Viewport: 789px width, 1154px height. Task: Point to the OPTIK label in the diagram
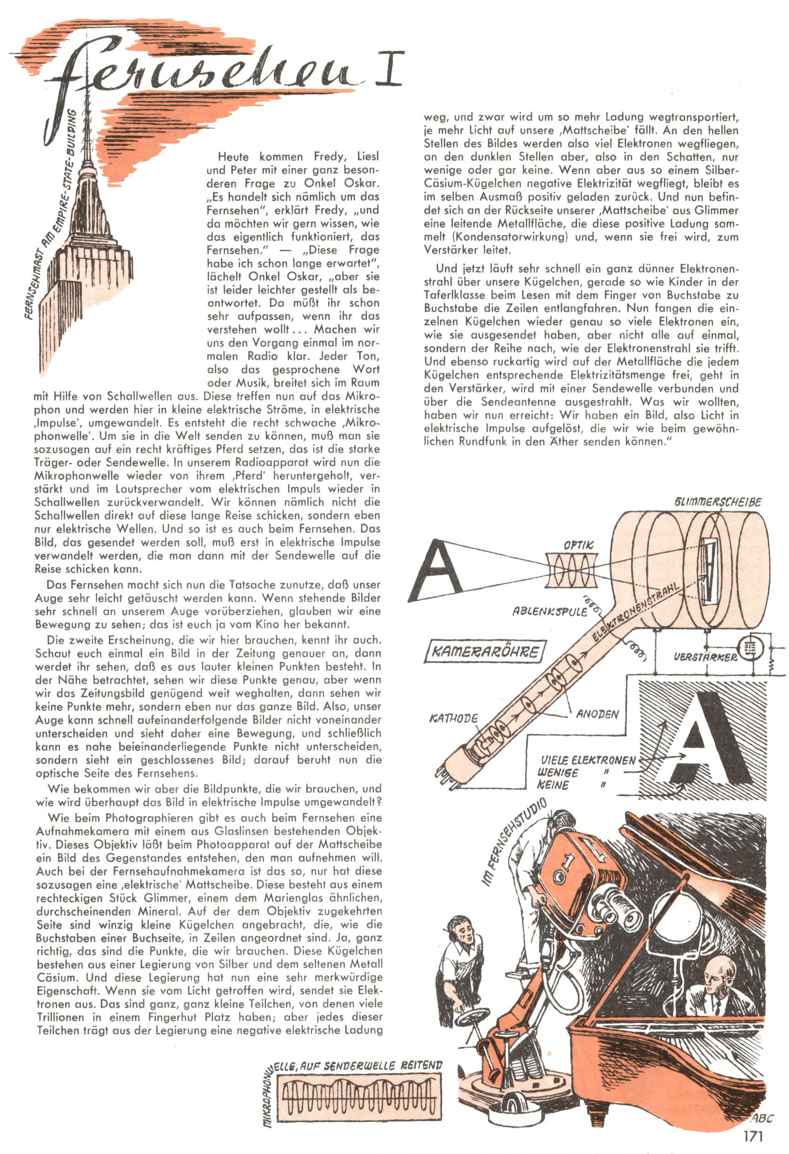[577, 545]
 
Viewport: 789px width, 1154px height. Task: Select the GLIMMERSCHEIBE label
[717, 502]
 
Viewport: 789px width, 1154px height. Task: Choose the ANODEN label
[597, 714]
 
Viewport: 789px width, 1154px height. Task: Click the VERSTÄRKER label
[705, 657]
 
